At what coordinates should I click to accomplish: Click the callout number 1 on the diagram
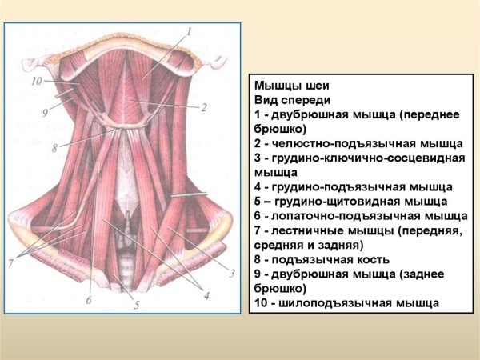(x=190, y=31)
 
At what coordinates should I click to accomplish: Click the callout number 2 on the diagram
(x=204, y=106)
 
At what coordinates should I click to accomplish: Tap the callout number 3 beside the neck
(x=232, y=273)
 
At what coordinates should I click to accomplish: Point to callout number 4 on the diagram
(x=206, y=296)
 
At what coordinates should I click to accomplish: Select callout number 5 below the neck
(x=137, y=305)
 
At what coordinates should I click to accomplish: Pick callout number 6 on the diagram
(x=90, y=300)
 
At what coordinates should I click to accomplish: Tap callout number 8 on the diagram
(x=54, y=148)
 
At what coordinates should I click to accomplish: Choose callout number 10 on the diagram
(x=36, y=81)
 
